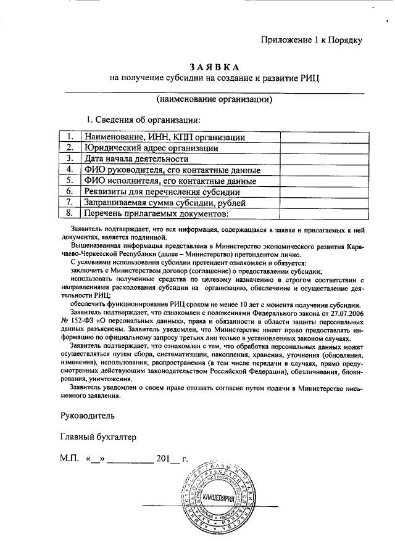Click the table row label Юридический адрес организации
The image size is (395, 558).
pos(151,148)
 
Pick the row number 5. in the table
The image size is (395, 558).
pos(70,181)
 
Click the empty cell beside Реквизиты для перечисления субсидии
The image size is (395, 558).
pos(321,192)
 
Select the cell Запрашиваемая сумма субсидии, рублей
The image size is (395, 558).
pos(165,203)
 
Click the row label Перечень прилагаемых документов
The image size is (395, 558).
pos(156,214)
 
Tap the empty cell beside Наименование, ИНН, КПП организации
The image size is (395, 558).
pos(321,137)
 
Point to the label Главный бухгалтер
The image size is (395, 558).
pos(98,437)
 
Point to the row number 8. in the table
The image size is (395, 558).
pos(70,214)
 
